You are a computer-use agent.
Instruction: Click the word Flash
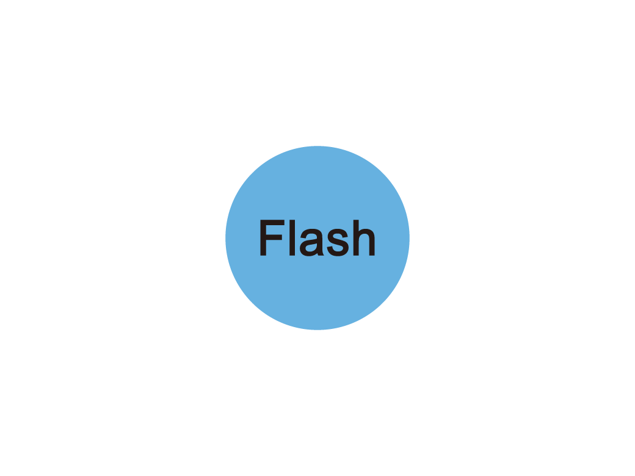[317, 238]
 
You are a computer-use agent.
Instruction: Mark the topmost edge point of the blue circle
[317, 146]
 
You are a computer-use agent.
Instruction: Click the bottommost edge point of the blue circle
[317, 330]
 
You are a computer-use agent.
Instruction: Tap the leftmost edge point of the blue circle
[226, 238]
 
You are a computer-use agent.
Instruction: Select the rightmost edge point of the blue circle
[409, 238]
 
